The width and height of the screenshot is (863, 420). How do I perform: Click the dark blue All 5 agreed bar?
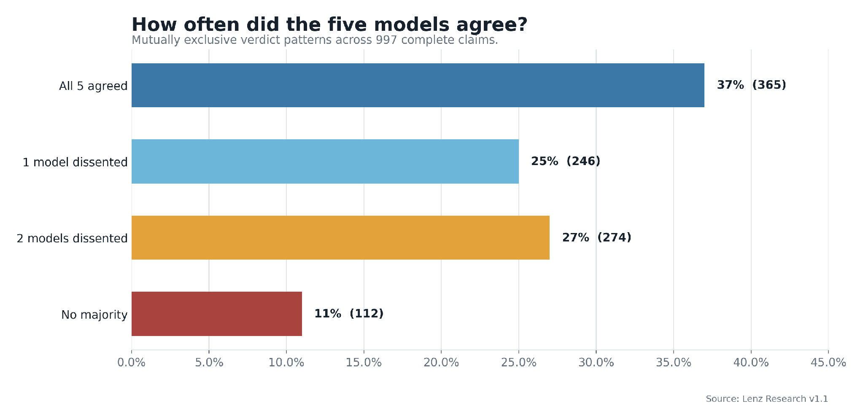418,85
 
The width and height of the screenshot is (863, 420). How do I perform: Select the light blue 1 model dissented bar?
325,161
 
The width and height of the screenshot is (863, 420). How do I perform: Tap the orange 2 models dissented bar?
340,238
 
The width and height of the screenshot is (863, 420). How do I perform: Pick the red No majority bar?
217,314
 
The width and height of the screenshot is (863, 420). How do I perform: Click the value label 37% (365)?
752,85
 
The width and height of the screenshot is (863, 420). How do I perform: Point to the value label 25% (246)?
566,161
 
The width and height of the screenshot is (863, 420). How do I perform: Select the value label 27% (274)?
597,238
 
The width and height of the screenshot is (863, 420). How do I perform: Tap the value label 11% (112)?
349,314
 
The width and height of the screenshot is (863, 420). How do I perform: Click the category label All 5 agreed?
93,86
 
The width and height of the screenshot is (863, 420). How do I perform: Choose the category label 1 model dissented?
75,162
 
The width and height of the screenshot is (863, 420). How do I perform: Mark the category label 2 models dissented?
72,238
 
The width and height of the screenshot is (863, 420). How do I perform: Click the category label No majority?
94,315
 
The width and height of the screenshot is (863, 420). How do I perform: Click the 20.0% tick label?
441,363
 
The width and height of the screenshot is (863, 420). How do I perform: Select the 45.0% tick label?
828,363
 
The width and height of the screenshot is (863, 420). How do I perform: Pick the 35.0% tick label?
674,363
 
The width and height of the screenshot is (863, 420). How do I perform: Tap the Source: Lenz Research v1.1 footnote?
767,399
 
